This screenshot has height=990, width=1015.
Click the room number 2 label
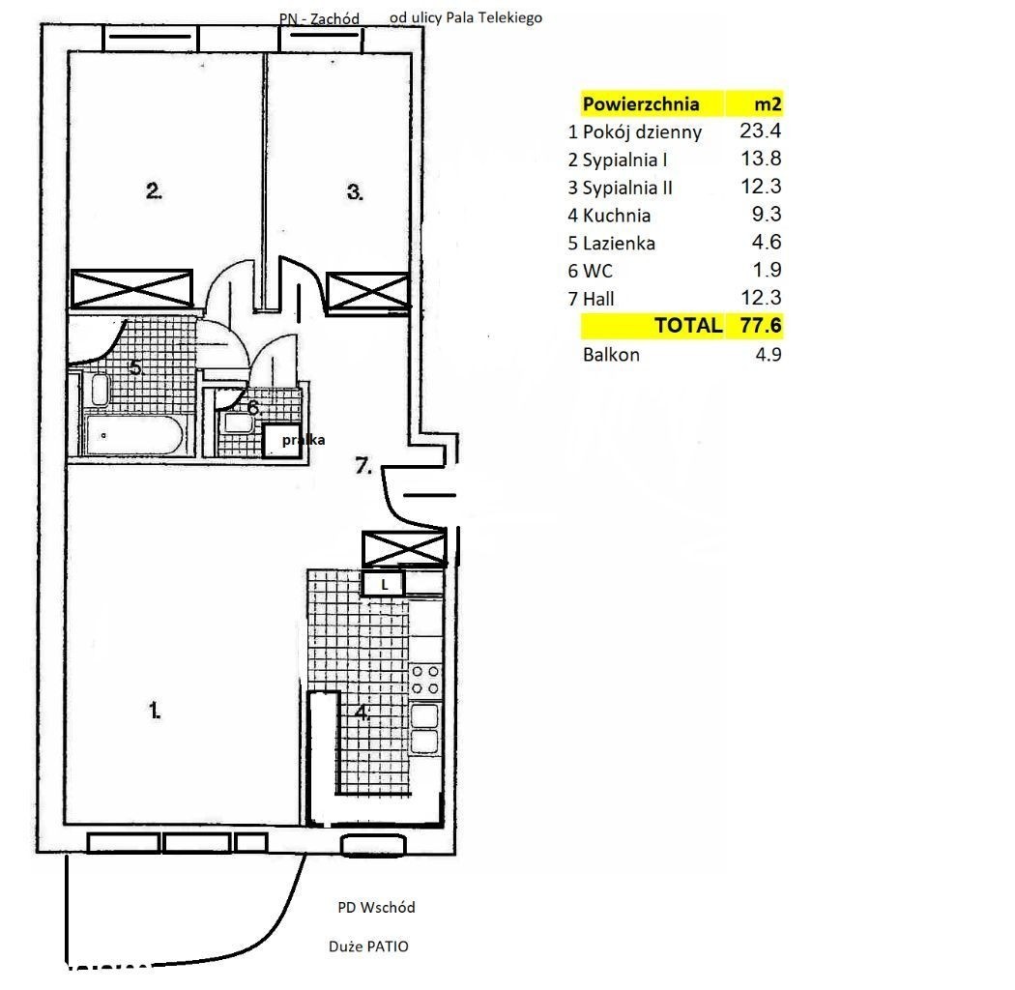154,191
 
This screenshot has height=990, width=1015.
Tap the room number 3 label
355,192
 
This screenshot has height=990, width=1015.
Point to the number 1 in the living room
155,711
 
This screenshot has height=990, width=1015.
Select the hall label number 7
363,465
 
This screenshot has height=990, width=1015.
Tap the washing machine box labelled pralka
283,440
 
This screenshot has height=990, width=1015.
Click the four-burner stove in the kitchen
425,680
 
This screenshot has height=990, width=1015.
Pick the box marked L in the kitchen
383,584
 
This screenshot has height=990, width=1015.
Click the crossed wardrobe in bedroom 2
131,289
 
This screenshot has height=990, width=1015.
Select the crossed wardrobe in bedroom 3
367,291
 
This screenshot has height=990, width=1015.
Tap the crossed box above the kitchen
404,548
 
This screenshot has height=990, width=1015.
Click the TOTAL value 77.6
761,325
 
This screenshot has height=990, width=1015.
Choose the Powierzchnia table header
641,103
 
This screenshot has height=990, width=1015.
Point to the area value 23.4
761,131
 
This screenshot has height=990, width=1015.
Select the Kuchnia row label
617,215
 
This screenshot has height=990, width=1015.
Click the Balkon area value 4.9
768,354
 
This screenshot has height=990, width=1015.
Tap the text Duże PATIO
368,946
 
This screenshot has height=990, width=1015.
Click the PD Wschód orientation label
376,907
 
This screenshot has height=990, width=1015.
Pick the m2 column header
768,103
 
